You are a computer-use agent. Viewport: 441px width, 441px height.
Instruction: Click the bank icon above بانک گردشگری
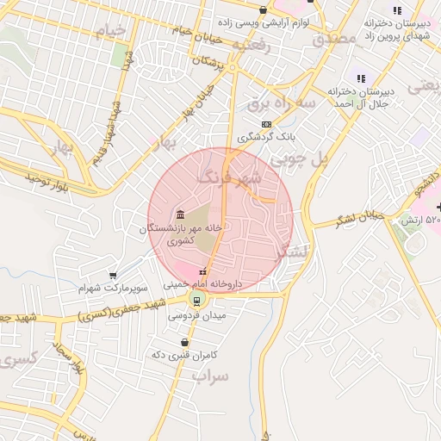(266, 124)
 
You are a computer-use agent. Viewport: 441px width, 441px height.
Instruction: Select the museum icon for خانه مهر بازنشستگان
(179, 214)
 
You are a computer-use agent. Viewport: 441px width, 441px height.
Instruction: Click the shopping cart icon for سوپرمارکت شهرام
(113, 276)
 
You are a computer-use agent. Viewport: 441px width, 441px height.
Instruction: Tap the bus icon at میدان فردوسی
(197, 300)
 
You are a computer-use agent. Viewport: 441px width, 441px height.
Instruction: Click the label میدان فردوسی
(197, 316)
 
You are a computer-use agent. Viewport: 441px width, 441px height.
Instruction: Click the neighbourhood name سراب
(211, 376)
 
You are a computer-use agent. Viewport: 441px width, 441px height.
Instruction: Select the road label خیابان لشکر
(359, 219)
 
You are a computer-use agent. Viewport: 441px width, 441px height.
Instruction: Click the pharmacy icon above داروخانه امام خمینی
(202, 272)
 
